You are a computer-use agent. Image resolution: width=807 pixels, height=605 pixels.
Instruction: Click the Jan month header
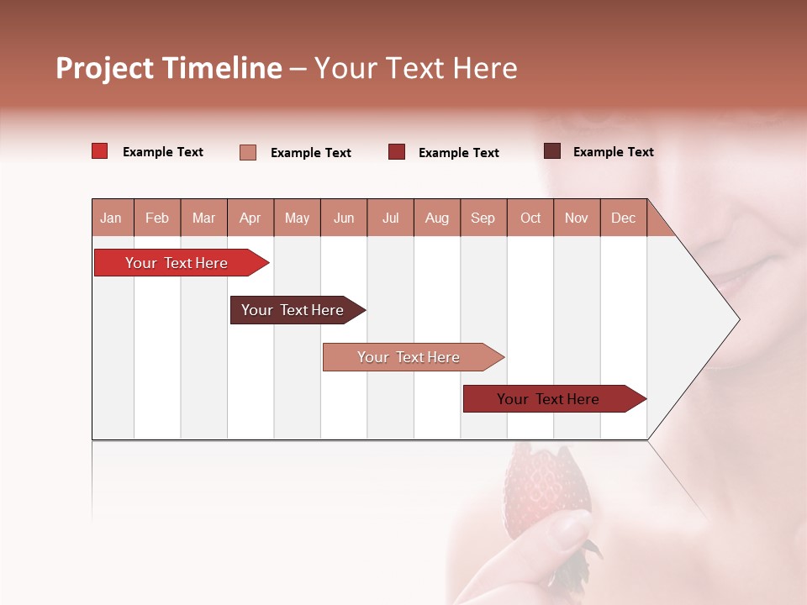[x=111, y=218]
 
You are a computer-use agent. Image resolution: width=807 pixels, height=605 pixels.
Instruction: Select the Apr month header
[x=251, y=218]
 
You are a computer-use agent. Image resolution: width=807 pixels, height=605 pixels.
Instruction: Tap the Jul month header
[x=390, y=218]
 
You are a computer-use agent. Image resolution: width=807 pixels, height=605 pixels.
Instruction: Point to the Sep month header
[x=483, y=218]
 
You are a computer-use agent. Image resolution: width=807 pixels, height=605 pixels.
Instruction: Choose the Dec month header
[x=623, y=218]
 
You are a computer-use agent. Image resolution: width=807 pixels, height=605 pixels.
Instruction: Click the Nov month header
[x=576, y=218]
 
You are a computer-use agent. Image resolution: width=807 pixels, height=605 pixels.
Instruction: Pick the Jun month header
[x=344, y=218]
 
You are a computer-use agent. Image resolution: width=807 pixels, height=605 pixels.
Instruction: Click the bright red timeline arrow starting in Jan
[x=177, y=263]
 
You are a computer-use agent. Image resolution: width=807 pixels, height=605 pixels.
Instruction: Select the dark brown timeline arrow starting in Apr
[x=293, y=310]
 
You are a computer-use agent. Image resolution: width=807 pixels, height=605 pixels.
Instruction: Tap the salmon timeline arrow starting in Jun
[x=409, y=357]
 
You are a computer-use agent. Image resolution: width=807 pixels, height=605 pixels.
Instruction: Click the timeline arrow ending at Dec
[x=548, y=399]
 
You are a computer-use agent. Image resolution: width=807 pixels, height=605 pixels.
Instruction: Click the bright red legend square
[x=99, y=151]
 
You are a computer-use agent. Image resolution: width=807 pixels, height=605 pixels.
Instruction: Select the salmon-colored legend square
[x=247, y=152]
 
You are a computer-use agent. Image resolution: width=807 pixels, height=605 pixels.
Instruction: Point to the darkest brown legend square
[x=551, y=151]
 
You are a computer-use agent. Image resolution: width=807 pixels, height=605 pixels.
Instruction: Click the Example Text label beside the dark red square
[x=458, y=153]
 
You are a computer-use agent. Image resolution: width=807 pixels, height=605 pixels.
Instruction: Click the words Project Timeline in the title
[x=168, y=68]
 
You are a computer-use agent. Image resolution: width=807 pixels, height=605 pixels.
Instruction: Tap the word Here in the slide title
[x=485, y=68]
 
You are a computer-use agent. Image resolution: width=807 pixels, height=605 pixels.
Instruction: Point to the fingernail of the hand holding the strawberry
[x=574, y=528]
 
